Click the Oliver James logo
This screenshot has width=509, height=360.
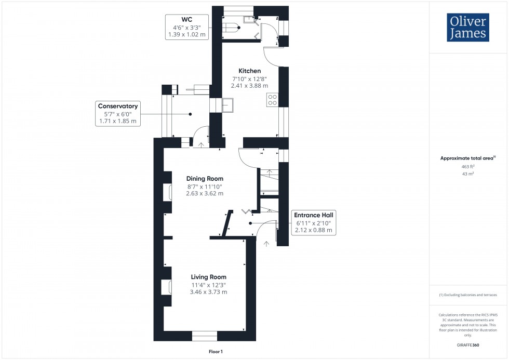pos(467,28)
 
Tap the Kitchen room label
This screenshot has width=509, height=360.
pos(249,71)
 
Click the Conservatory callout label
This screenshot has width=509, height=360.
pos(118,113)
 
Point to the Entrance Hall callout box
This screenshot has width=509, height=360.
pos(314,222)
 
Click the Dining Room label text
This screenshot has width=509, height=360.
pos(204,179)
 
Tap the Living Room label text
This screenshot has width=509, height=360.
pos(208,277)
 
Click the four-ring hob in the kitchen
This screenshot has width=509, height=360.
pos(272,99)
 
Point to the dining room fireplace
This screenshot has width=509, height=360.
pos(168,192)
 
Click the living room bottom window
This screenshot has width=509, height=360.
pos(204,336)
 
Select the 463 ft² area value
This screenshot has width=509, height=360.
pos(468,167)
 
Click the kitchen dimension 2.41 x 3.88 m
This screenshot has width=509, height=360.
pos(249,86)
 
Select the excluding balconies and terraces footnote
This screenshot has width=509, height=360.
pos(468,295)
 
